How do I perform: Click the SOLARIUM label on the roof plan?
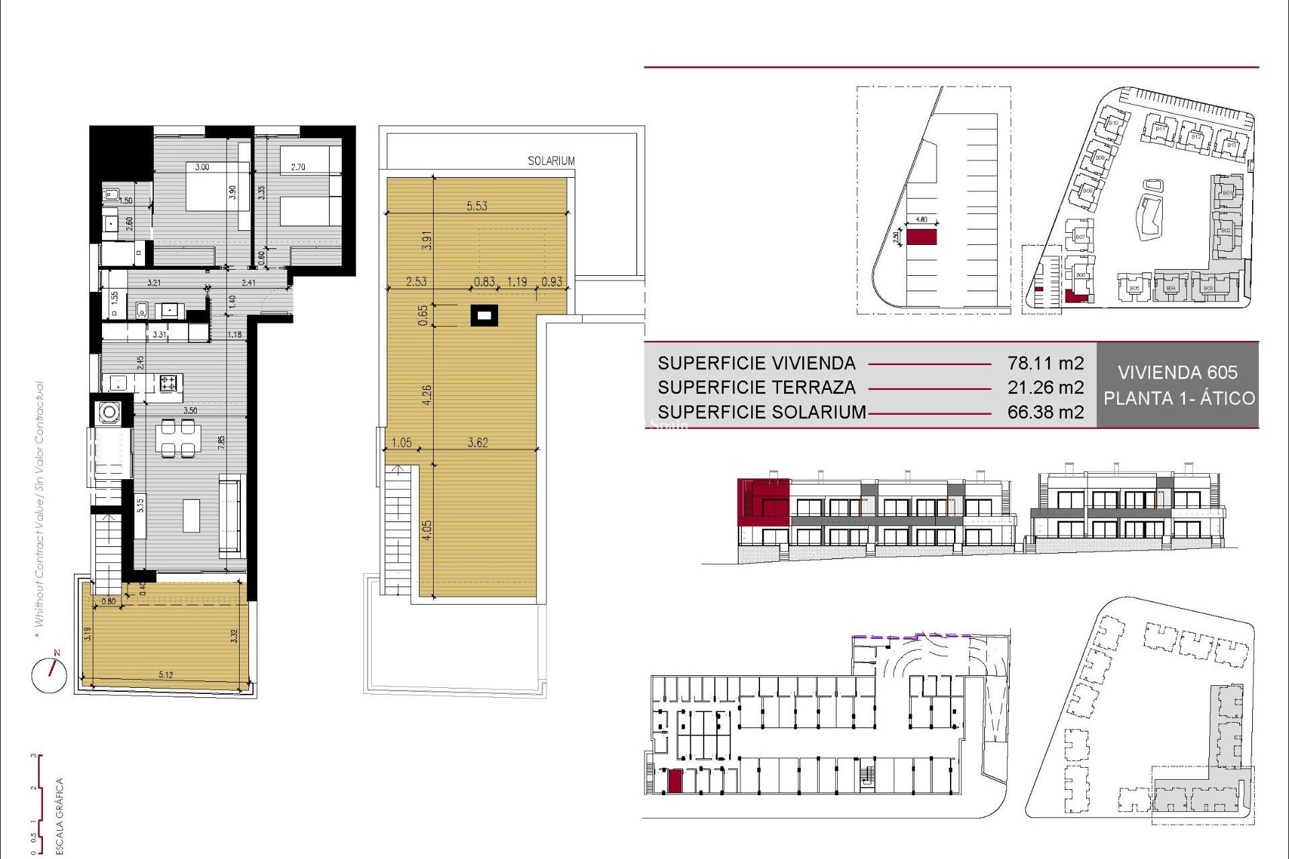tap(551, 161)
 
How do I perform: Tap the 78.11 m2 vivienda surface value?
tap(1045, 363)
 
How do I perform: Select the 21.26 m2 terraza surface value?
tap(1045, 387)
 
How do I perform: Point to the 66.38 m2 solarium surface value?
tap(1045, 412)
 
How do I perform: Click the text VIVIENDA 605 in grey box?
tap(1178, 372)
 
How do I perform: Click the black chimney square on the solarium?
tap(484, 315)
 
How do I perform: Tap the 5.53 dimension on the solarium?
tap(477, 206)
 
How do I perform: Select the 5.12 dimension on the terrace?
tap(166, 674)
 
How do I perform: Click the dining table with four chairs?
tap(178, 438)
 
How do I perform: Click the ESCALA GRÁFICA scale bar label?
tap(60, 815)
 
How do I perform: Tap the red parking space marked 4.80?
tap(921, 237)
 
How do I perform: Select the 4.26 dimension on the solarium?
tap(427, 395)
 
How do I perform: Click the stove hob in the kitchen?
tap(169, 383)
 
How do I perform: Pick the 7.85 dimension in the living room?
tap(221, 443)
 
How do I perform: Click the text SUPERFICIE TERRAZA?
tap(757, 387)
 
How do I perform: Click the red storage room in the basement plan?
tap(675, 781)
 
